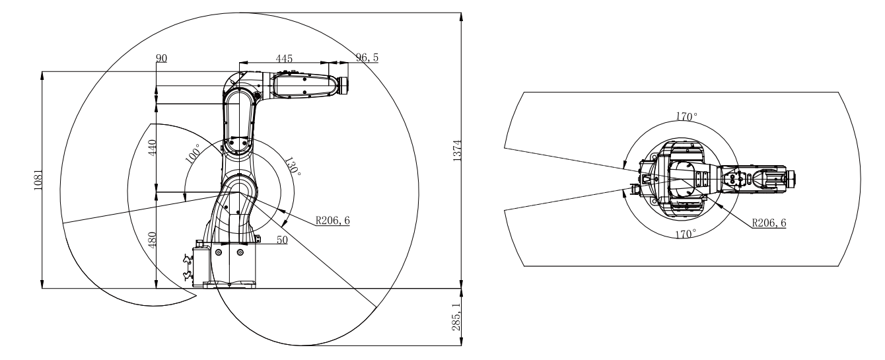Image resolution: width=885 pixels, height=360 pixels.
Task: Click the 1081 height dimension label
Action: (38, 180)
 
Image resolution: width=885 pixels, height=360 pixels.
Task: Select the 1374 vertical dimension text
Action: (457, 151)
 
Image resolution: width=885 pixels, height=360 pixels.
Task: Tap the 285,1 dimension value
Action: (456, 317)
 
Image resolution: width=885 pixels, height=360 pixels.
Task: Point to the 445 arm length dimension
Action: (284, 59)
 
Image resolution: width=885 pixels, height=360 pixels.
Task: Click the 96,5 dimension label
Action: (367, 57)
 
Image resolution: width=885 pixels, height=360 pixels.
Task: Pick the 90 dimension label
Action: (161, 58)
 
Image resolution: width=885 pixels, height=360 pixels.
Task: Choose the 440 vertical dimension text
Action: (152, 148)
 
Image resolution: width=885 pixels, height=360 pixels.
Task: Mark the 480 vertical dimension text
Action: (152, 240)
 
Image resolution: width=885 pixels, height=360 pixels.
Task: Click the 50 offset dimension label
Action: (282, 240)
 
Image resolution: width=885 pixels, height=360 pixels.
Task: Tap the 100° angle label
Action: (194, 153)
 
